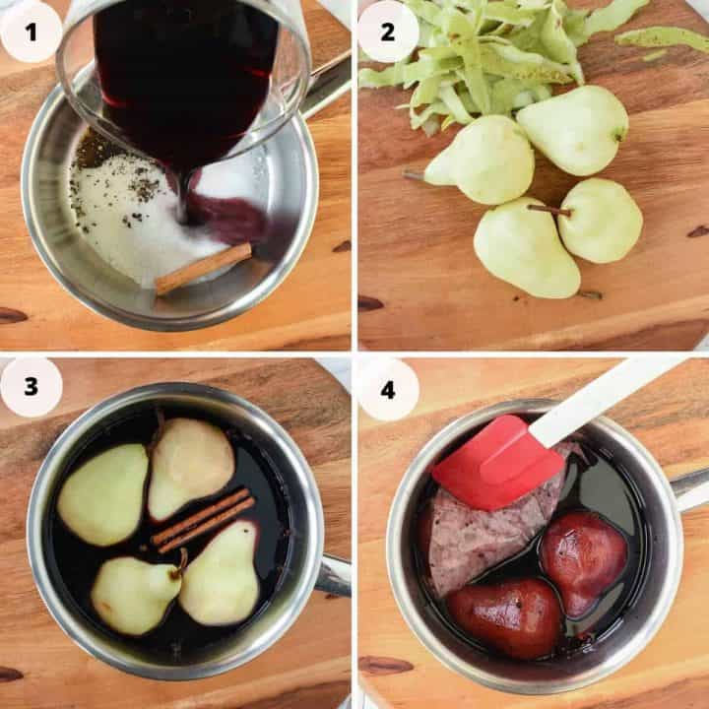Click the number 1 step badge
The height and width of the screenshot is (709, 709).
tap(31, 32)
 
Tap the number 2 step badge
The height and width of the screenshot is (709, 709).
tap(387, 32)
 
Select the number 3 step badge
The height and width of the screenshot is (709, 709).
tap(31, 387)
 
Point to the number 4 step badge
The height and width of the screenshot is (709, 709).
tap(387, 389)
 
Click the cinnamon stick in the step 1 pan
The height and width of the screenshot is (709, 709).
tap(203, 268)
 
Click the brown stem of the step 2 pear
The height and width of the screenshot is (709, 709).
tap(548, 210)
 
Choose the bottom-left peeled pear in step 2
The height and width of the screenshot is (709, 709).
tap(524, 249)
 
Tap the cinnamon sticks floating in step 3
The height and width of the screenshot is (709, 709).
tap(203, 520)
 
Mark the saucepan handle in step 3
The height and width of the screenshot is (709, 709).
tap(333, 575)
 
